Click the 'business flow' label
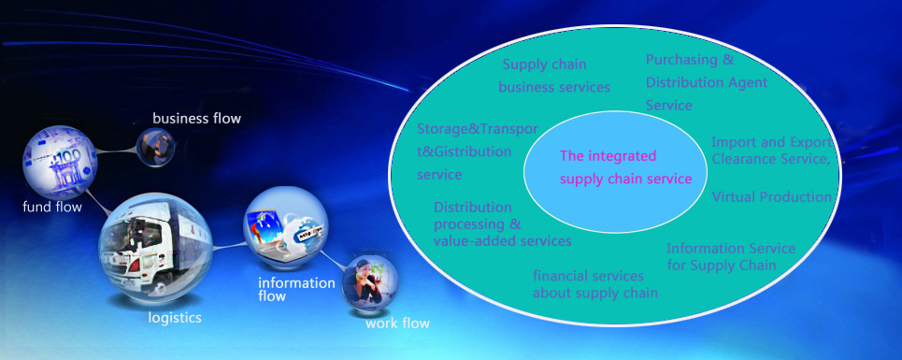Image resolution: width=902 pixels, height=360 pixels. pos(196,119)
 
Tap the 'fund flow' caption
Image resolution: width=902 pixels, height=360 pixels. pos(52,207)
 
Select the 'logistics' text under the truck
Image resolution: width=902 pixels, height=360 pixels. pos(175,317)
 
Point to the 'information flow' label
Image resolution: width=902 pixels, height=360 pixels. pos(296,289)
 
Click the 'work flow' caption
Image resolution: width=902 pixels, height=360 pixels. pos(397,324)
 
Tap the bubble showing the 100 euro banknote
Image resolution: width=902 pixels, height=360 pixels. pos(60,163)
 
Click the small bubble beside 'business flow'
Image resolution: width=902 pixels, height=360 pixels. pos(155,147)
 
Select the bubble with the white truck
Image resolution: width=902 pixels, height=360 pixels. pos(155,248)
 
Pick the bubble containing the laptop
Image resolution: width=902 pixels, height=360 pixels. pos(286,228)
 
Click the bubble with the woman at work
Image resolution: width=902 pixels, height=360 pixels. pos(370,283)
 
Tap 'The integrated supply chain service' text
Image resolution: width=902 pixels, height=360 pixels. pos(625,167)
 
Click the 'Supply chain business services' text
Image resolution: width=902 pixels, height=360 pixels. pos(554,76)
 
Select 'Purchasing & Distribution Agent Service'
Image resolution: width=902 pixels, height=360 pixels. pos(707,82)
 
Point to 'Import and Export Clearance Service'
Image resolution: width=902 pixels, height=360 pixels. pos(772,151)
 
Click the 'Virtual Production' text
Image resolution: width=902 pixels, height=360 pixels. pos(771,196)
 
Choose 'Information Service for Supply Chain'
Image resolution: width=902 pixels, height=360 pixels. pos(731,257)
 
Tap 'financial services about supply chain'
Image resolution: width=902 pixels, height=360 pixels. pos(594,284)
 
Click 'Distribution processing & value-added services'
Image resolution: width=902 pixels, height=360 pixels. pos(502,223)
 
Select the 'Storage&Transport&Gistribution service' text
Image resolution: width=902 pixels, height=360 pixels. pos(478,151)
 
